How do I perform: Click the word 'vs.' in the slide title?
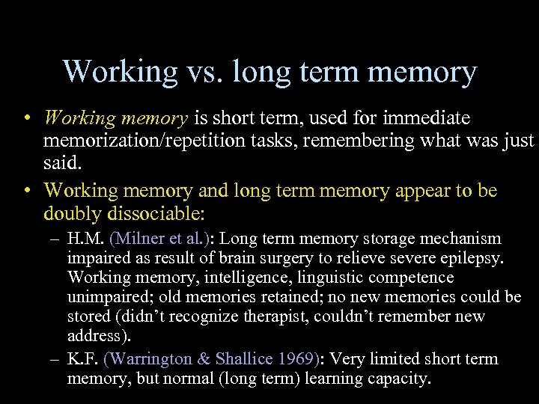point(204,72)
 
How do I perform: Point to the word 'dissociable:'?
point(156,213)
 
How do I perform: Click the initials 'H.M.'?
point(85,239)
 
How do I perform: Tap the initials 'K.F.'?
point(82,358)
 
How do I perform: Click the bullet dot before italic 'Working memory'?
point(26,118)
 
